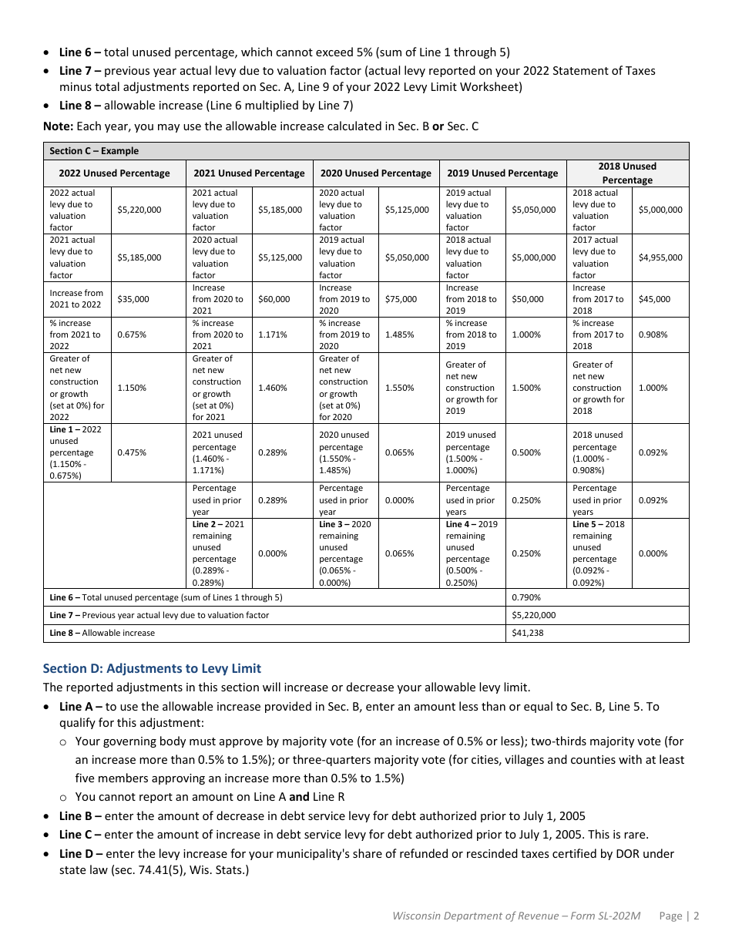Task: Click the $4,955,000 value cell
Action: click(x=660, y=257)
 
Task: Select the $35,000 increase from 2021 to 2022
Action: click(x=133, y=299)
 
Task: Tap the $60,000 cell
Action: click(x=274, y=299)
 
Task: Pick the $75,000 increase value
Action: click(x=401, y=299)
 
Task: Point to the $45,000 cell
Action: click(x=654, y=299)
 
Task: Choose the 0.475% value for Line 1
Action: click(x=131, y=452)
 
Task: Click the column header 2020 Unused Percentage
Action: click(x=375, y=173)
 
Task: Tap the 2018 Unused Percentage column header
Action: click(x=627, y=173)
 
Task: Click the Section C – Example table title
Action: click(x=94, y=151)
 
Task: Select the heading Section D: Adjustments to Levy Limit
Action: click(x=152, y=668)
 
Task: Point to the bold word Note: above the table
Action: click(x=59, y=126)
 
